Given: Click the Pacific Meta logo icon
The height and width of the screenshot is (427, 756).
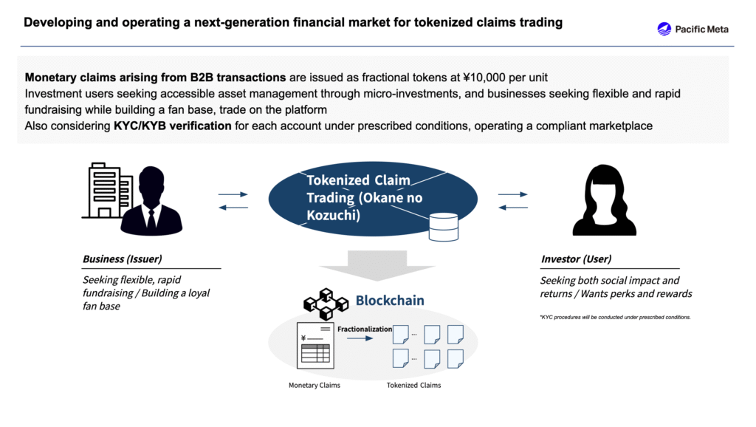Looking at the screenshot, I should pos(664,29).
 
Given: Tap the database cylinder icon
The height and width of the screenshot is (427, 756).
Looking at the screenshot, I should pos(444,227).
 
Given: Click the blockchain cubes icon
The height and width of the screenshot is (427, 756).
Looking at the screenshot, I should pos(326,301).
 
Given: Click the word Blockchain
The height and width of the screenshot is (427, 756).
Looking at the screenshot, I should pos(390,301).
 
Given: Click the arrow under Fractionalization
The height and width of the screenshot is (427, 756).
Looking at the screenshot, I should pos(360,339).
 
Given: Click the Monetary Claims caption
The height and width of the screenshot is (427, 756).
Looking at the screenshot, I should pos(314,386).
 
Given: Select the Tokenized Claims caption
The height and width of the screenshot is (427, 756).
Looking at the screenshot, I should pos(413,386).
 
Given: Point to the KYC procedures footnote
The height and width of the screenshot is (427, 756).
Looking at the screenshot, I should pos(615,317).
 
